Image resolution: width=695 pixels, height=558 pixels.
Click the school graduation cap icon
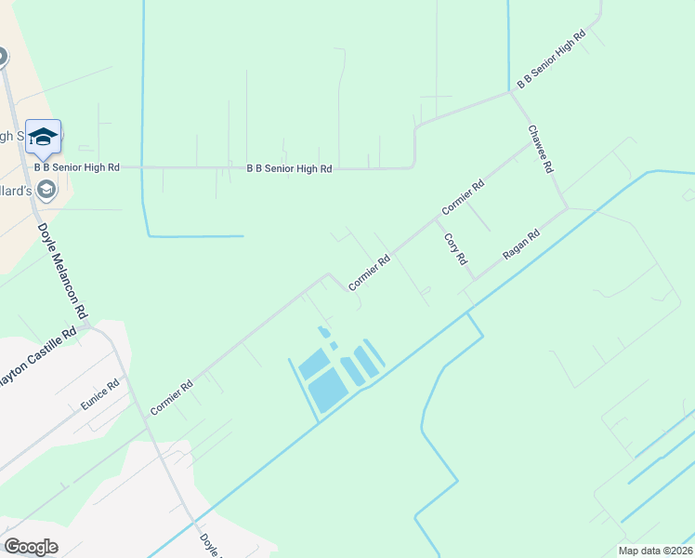pos(43,138)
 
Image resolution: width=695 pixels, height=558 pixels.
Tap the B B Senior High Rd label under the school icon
pos(77,167)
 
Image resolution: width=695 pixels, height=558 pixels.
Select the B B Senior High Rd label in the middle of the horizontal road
pos(289,168)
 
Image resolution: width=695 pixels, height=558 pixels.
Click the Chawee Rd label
pos(541,149)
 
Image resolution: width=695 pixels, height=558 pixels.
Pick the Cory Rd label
pos(454,248)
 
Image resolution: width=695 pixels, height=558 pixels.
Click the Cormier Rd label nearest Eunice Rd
pos(171,397)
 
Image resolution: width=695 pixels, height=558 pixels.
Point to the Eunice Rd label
pos(99,394)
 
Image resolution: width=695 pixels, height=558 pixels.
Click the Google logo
pos(32,547)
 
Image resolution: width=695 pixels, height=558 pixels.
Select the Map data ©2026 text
pos(655,551)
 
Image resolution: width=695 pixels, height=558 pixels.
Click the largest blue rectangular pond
pos(327,390)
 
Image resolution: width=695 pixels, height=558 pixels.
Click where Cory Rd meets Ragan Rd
pos(476,278)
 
